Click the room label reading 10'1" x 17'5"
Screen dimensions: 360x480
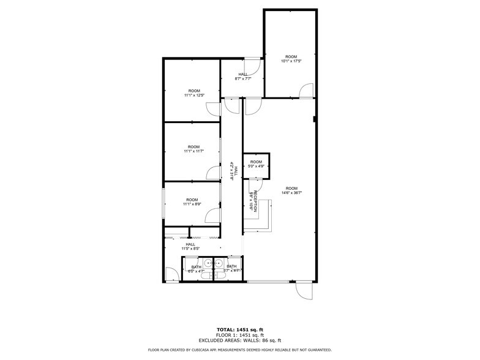(x=291, y=61)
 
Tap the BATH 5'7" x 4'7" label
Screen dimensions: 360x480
(x=231, y=269)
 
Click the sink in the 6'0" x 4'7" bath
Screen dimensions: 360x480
(x=208, y=264)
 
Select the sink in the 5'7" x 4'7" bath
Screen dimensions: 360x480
(x=220, y=264)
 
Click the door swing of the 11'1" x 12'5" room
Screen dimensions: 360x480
(x=212, y=109)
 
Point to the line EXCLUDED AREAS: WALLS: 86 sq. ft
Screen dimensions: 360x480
(x=239, y=340)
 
